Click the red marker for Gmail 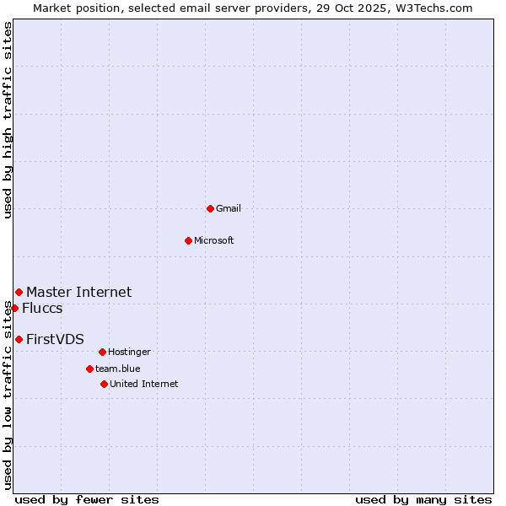click(x=210, y=208)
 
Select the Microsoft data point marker click(x=188, y=240)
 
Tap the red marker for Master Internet click(x=19, y=292)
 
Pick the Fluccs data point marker click(x=14, y=308)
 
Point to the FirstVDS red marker click(x=19, y=339)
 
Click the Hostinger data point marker click(x=102, y=352)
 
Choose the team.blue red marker click(x=89, y=369)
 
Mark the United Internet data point click(x=104, y=384)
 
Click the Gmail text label click(x=229, y=208)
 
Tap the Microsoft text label click(x=214, y=240)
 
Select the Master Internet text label click(x=79, y=292)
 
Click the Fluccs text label click(x=42, y=308)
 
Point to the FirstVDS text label click(x=56, y=339)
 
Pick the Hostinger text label click(x=129, y=352)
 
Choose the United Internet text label click(x=144, y=384)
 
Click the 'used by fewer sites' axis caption click(x=87, y=499)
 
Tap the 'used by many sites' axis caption click(x=423, y=499)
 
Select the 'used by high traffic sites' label click(x=8, y=120)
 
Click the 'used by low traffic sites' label click(x=8, y=395)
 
